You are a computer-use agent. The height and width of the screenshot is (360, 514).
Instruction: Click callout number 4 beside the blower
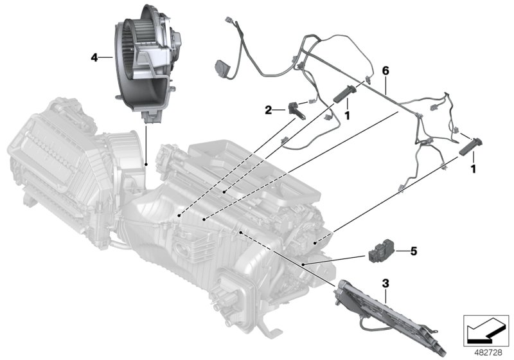pyautogui.click(x=94, y=58)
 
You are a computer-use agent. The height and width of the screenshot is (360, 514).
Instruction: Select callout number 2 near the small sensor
pyautogui.click(x=269, y=110)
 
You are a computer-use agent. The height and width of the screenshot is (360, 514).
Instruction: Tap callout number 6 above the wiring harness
pyautogui.click(x=385, y=70)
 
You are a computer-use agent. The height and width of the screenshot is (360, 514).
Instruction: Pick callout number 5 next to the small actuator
pyautogui.click(x=414, y=251)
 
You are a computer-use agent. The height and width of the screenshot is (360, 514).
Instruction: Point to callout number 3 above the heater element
pyautogui.click(x=385, y=283)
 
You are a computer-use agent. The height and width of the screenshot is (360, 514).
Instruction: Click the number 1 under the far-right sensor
pyautogui.click(x=473, y=169)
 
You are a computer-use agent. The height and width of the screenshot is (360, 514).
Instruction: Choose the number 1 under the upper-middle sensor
pyautogui.click(x=347, y=116)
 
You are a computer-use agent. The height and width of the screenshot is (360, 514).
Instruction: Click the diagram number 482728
pyautogui.click(x=488, y=353)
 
